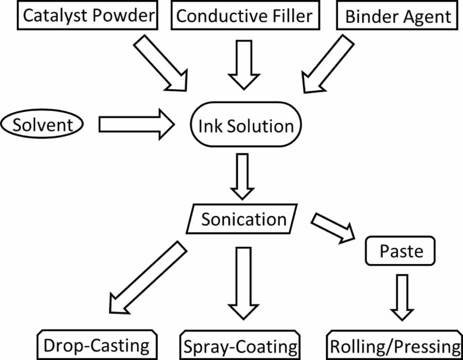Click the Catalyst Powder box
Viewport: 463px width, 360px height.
pyautogui.click(x=88, y=15)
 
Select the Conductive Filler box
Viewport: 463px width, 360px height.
pyautogui.click(x=244, y=15)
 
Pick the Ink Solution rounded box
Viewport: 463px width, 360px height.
pyautogui.click(x=246, y=125)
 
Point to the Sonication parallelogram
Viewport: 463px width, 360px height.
pyautogui.click(x=243, y=219)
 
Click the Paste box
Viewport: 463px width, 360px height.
pyautogui.click(x=401, y=251)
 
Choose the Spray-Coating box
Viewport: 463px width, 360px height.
pyautogui.click(x=240, y=345)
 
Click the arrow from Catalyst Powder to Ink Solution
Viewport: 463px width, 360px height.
pyautogui.click(x=159, y=63)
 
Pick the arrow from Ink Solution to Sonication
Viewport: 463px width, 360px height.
pyautogui.click(x=242, y=176)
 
